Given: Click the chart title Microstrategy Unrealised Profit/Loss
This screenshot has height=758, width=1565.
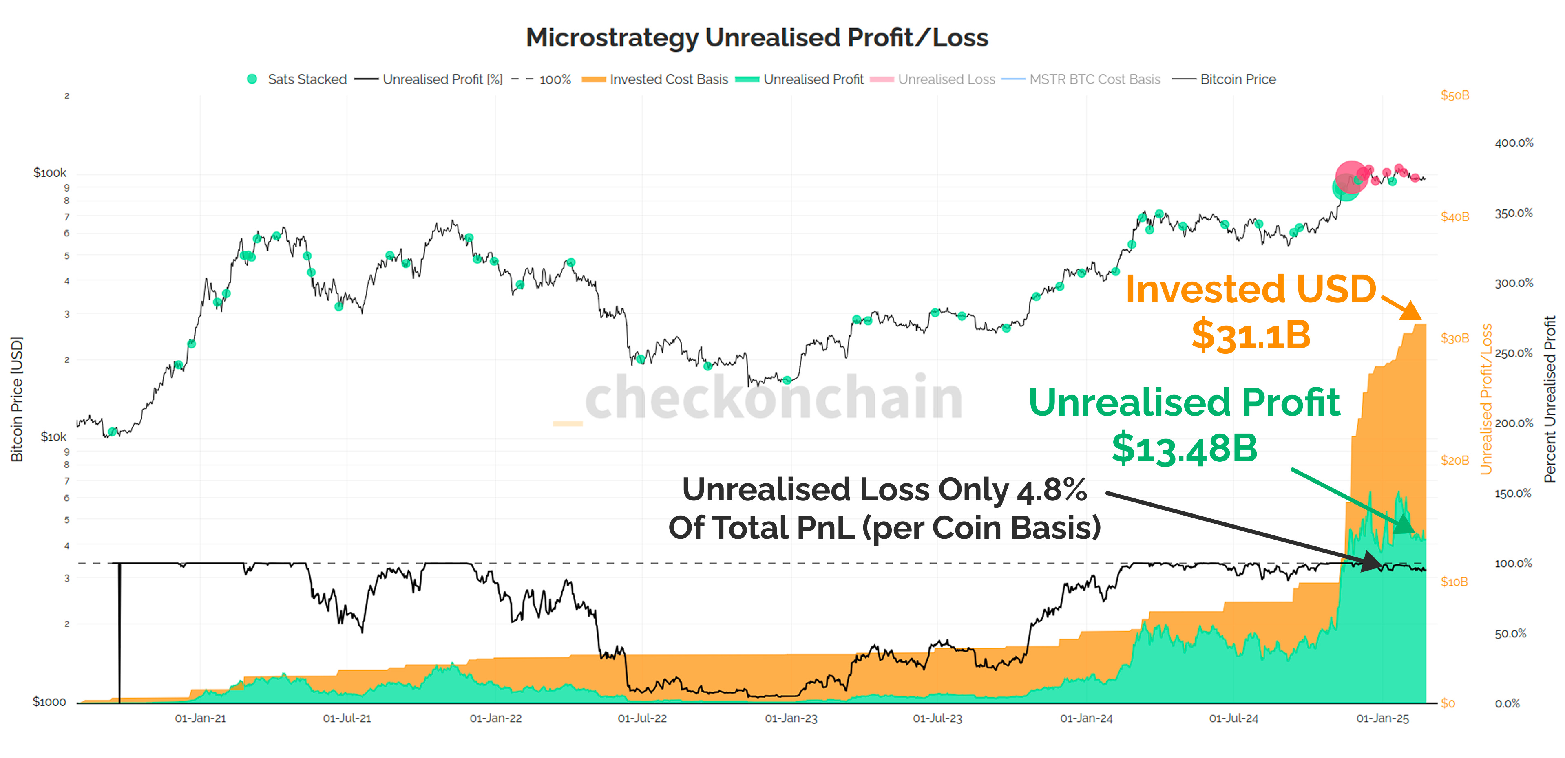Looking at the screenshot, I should (757, 37).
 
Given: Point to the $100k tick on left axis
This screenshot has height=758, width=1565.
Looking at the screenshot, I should (50, 173).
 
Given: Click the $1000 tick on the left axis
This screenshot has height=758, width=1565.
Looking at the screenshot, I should (49, 702).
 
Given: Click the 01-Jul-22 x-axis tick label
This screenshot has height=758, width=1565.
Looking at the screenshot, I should (642, 718).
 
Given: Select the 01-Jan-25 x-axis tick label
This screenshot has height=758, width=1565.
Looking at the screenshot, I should (1382, 718).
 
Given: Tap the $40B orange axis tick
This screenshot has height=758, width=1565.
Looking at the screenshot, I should (1454, 217).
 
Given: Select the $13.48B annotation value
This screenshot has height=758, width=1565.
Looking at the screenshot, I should (1184, 449).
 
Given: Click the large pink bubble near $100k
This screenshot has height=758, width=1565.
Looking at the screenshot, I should (1351, 177).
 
